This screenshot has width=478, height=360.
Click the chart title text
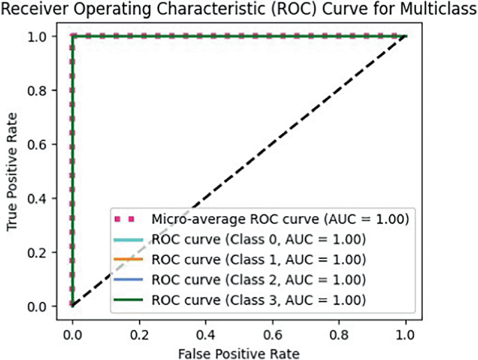click(239, 10)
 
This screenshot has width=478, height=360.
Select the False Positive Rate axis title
click(239, 352)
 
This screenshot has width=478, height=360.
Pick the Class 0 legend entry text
click(259, 240)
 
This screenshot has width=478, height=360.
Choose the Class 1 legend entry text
click(259, 260)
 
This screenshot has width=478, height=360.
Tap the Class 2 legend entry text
click(259, 280)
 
